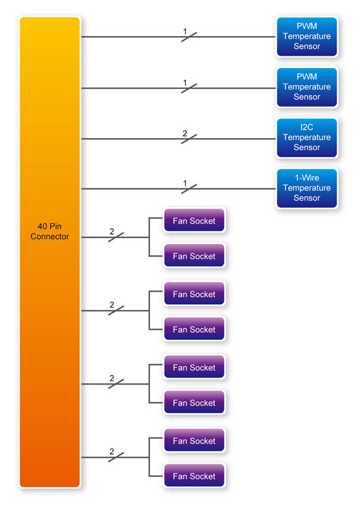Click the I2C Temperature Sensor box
coord(306,138)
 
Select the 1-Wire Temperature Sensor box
coord(306,188)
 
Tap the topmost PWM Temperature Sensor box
coord(306,37)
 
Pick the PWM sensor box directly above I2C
coord(306,87)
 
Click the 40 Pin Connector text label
coord(50,231)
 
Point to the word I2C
coord(306,127)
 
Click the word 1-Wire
coord(306,177)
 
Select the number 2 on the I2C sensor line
coord(185,133)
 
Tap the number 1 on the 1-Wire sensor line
coord(185,184)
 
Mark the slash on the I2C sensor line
coord(189,139)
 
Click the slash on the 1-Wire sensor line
coord(189,189)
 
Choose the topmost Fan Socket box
coord(194,220)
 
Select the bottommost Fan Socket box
coord(194,476)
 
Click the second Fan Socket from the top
coord(194,256)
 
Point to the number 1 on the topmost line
coord(185,31)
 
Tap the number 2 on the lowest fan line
coord(111,451)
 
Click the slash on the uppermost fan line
coord(116,237)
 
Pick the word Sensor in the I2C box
coord(306,147)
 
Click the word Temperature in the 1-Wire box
coord(306,188)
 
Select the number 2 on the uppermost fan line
coord(111,232)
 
